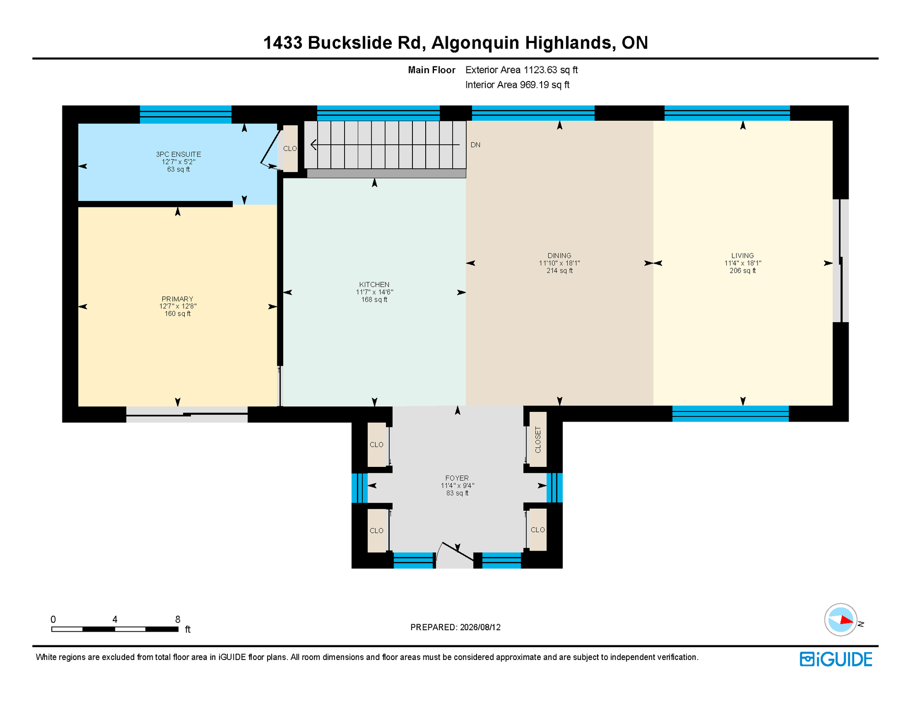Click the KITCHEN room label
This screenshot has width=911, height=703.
click(374, 285)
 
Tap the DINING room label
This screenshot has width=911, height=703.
click(559, 255)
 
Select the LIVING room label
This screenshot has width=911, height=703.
click(742, 255)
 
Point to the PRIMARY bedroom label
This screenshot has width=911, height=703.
click(177, 299)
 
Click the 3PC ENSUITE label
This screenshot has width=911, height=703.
click(178, 154)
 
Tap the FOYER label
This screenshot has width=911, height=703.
click(457, 478)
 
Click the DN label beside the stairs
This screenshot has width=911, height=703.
click(475, 145)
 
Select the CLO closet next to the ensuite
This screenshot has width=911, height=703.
click(290, 148)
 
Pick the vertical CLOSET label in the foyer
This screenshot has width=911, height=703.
click(538, 440)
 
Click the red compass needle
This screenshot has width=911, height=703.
click(846, 621)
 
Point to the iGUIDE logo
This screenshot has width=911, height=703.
click(836, 659)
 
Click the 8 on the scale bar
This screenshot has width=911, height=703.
click(178, 619)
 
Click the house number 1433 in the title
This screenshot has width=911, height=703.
click(283, 43)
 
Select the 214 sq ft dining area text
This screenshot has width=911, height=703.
click(559, 270)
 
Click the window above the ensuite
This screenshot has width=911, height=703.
click(186, 114)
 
